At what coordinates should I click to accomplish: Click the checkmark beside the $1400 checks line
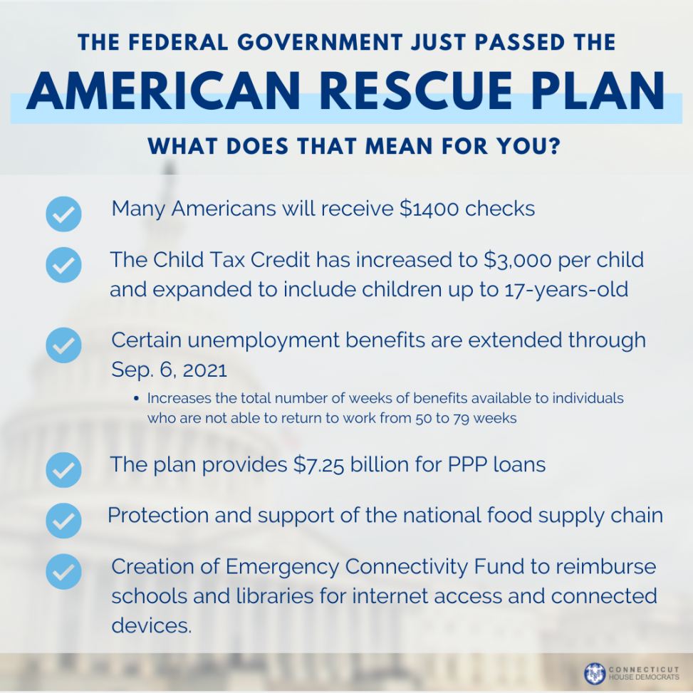coord(63,214)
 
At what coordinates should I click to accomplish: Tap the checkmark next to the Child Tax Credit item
coord(63,265)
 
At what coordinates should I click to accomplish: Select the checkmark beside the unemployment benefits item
coord(63,345)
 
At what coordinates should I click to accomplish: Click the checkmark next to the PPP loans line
coord(63,469)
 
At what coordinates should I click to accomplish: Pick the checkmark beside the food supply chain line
coord(63,520)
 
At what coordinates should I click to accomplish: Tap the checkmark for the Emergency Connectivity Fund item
coord(63,571)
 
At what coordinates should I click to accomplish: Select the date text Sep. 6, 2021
coord(169,370)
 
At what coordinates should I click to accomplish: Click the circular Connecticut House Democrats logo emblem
coord(594,673)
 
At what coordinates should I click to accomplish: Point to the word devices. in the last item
coord(152,625)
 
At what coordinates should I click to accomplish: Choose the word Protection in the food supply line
coord(157,515)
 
